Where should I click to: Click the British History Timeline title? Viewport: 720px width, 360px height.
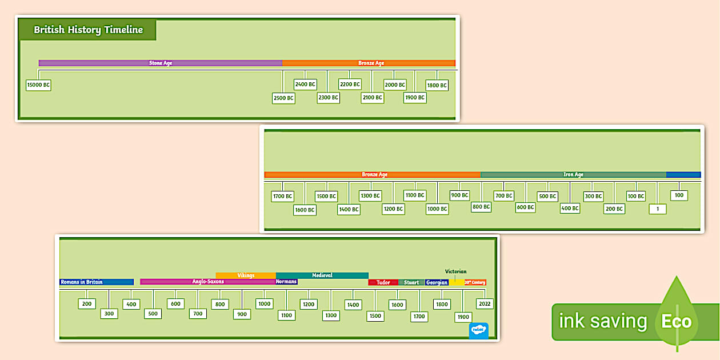point(88,30)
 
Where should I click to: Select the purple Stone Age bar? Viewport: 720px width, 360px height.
point(161,63)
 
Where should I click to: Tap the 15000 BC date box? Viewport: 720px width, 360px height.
point(38,85)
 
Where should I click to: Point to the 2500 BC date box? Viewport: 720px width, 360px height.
point(283,98)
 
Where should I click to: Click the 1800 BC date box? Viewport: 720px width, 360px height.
point(437,85)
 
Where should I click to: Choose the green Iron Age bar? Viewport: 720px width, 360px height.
point(573,174)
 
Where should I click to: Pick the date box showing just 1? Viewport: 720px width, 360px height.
point(657,209)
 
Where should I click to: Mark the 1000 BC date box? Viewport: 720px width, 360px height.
point(437,209)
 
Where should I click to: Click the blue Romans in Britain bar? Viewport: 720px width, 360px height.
point(96,282)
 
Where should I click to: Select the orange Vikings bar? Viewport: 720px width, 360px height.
point(246,275)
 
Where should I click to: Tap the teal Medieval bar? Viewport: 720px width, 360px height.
point(322,275)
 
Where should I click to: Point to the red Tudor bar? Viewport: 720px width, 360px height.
point(383,282)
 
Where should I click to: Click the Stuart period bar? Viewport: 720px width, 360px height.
point(411,282)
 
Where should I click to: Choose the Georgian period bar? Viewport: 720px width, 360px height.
point(437,282)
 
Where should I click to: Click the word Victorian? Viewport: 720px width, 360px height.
point(456,271)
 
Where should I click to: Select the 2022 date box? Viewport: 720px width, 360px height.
point(485,304)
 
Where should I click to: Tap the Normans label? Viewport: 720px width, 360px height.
point(286,282)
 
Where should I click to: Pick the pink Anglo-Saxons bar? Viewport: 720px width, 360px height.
point(208,282)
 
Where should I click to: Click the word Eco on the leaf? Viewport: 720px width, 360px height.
point(677,322)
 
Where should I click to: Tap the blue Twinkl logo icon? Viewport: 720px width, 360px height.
point(478,331)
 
